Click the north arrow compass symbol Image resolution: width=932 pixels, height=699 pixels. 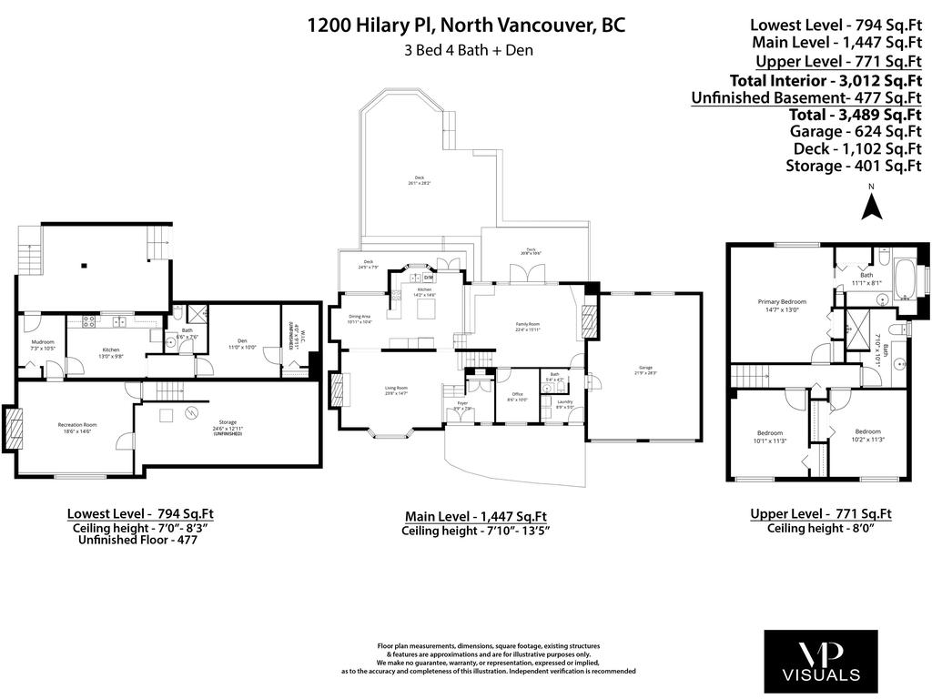(871, 206)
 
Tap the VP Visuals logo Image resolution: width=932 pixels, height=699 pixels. (822, 662)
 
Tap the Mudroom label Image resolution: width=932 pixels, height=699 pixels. (43, 345)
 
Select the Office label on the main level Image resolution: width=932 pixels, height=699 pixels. (516, 396)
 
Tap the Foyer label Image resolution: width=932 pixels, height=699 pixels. (462, 405)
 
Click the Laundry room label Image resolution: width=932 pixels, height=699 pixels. (564, 404)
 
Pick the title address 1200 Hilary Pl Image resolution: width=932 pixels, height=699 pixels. (466, 25)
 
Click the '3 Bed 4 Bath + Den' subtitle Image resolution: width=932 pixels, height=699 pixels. (469, 51)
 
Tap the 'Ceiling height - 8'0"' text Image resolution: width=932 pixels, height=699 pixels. (820, 529)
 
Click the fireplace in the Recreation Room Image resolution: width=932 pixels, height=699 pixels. (14, 428)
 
